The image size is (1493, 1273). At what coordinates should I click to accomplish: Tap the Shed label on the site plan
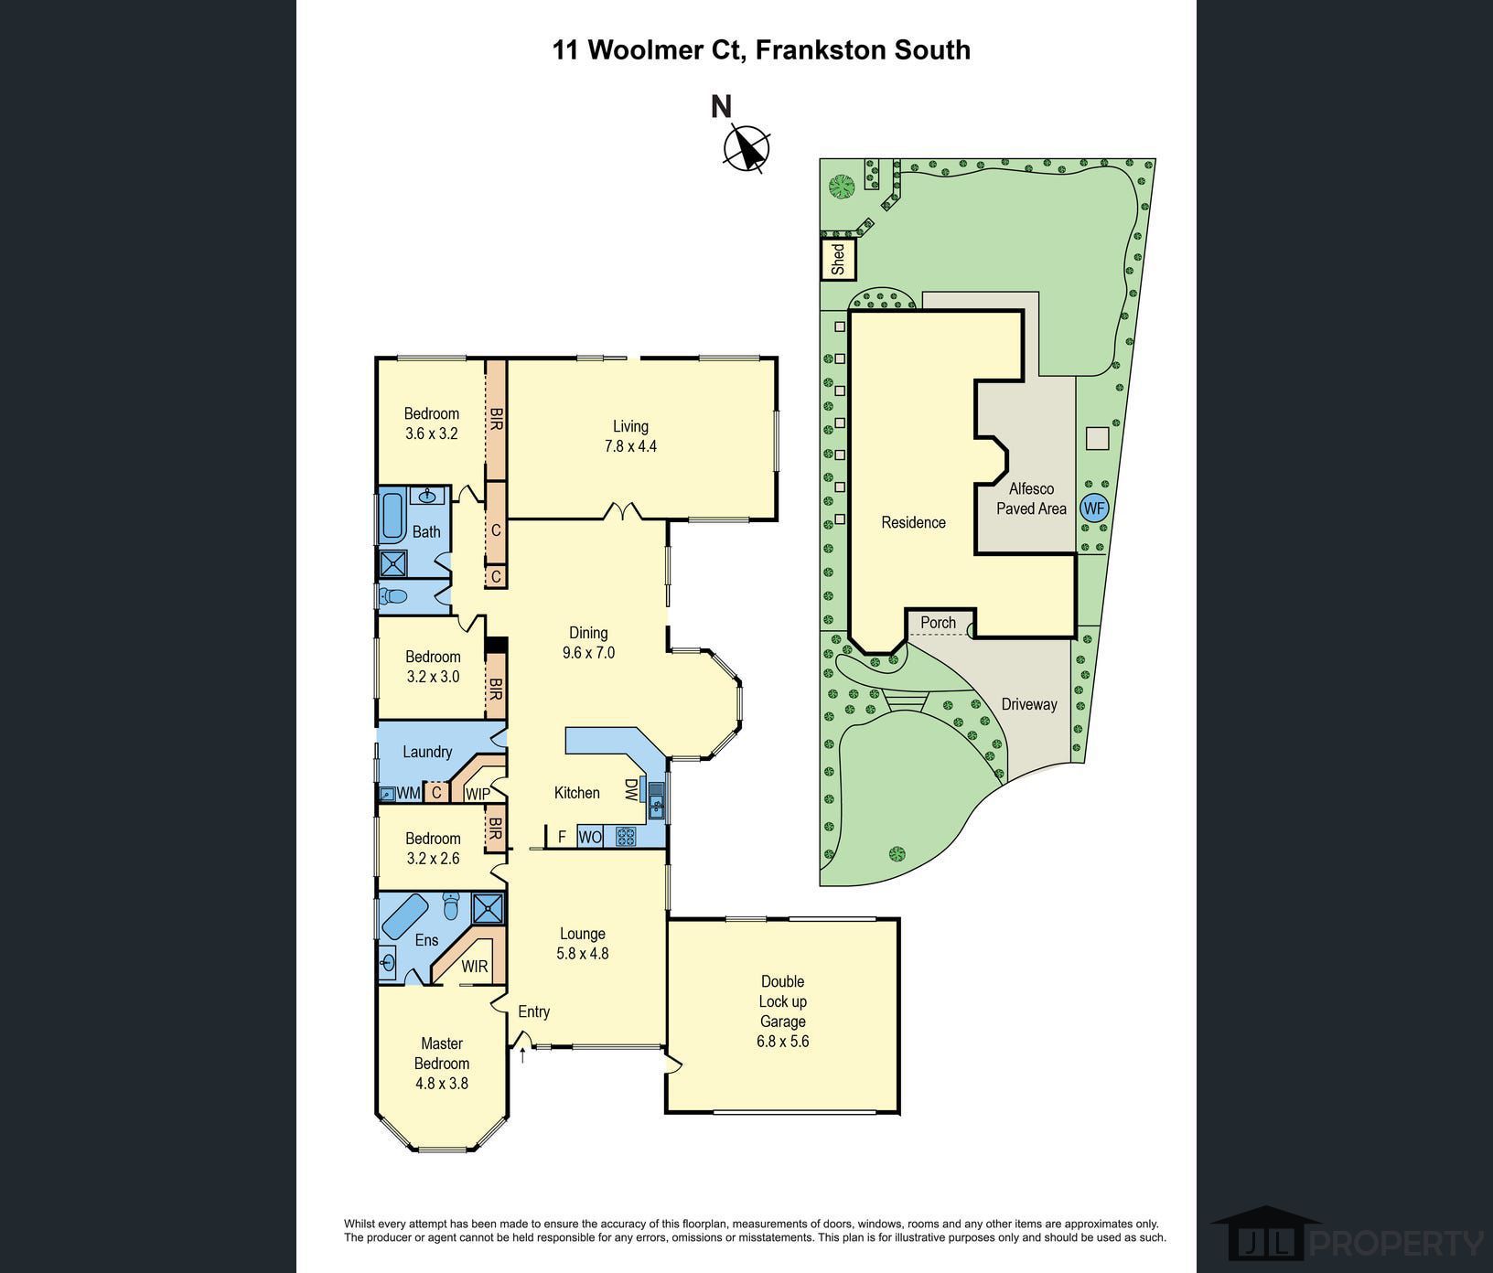click(x=838, y=259)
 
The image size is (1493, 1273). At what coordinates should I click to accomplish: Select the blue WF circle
click(x=1093, y=508)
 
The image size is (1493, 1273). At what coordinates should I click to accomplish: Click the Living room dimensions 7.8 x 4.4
click(x=630, y=446)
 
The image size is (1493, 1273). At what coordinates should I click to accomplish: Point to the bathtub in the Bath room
click(x=392, y=516)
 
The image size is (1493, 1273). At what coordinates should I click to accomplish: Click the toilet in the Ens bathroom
click(x=450, y=907)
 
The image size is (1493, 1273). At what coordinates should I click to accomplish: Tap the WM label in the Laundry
click(x=409, y=793)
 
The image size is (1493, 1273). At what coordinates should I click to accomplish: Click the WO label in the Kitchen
click(x=590, y=837)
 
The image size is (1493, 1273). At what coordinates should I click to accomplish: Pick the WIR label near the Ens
click(x=474, y=967)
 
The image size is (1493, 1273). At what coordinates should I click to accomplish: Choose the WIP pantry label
click(x=478, y=794)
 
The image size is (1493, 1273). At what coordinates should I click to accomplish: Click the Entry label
click(x=533, y=1011)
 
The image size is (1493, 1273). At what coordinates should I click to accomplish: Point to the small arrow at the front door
click(x=522, y=1056)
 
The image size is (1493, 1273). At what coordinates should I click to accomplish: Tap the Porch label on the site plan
click(x=938, y=623)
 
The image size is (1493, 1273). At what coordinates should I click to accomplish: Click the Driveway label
click(x=1028, y=704)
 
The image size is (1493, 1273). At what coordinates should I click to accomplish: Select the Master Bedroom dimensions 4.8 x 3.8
click(x=441, y=1084)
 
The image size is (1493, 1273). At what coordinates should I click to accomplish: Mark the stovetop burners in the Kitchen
click(x=626, y=836)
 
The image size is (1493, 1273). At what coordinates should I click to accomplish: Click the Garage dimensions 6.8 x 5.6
click(x=782, y=1042)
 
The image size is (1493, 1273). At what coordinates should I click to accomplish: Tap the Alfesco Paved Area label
click(x=1031, y=498)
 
